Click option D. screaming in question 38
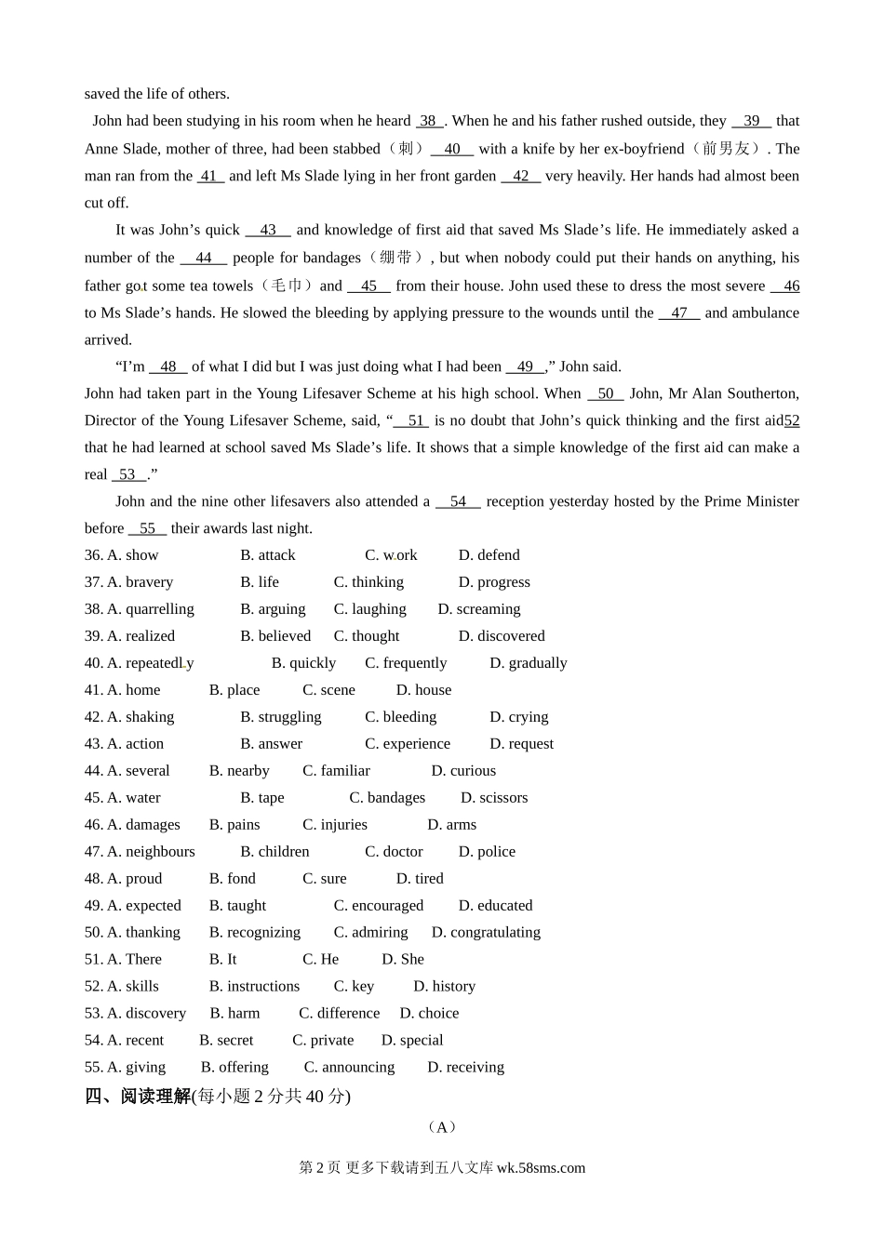pyautogui.click(x=479, y=609)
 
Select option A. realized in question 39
pyautogui.click(x=141, y=636)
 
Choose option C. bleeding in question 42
pyautogui.click(x=400, y=717)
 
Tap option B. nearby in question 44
pyautogui.click(x=239, y=771)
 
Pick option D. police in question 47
pyautogui.click(x=487, y=852)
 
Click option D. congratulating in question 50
pyautogui.click(x=486, y=933)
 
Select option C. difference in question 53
pyautogui.click(x=339, y=1014)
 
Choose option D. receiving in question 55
pyautogui.click(x=465, y=1068)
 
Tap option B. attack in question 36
pyautogui.click(x=267, y=555)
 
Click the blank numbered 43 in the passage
pyautogui.click(x=268, y=231)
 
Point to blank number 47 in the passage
pyautogui.click(x=679, y=313)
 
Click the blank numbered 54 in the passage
pyautogui.click(x=458, y=502)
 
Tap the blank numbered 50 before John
pyautogui.click(x=606, y=394)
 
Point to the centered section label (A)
pyautogui.click(x=442, y=1128)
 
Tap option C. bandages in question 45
pyautogui.click(x=387, y=798)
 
